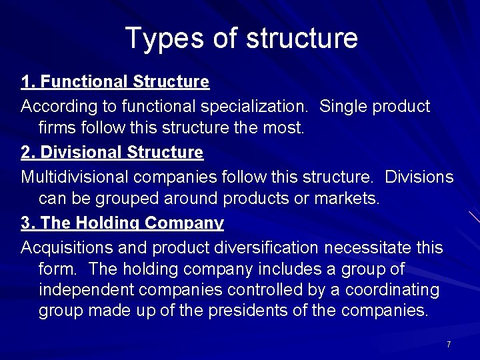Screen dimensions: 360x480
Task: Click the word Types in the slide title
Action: coord(158,39)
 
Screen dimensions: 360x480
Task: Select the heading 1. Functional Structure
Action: coord(115,82)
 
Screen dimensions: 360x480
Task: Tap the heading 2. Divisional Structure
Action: coord(112,153)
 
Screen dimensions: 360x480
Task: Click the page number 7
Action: coord(449,344)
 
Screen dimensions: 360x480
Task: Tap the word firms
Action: coord(58,127)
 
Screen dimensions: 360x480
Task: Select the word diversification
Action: coord(267,248)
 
